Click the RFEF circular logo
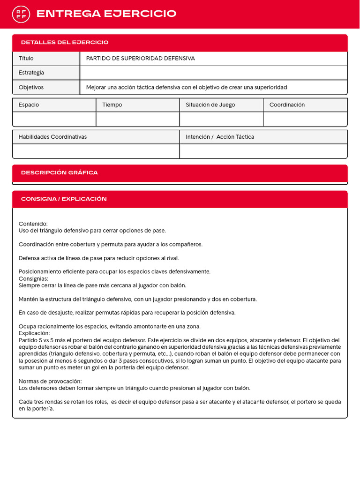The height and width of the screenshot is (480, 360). [21, 14]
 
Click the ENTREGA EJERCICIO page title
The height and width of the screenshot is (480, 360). [106, 14]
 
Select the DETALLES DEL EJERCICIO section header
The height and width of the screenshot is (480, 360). [65, 43]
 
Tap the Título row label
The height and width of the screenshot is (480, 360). [26, 59]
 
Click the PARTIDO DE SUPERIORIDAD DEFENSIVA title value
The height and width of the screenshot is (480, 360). [141, 59]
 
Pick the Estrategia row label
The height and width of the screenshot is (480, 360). [31, 73]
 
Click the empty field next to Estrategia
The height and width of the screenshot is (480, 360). [213, 73]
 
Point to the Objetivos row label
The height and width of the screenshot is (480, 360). [31, 87]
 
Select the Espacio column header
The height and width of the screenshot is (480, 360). [29, 105]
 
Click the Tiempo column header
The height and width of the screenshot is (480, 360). [112, 105]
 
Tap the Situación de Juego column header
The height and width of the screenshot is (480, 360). [210, 105]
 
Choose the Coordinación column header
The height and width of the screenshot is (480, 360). [287, 105]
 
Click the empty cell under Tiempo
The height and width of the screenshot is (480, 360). [137, 119]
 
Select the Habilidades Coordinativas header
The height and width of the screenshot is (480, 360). [52, 137]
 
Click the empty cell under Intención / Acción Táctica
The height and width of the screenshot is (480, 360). [263, 151]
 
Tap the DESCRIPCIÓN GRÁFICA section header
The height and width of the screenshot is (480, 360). [60, 173]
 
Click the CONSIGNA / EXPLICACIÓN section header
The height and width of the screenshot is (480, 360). [64, 199]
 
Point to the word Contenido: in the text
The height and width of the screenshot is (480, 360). [33, 224]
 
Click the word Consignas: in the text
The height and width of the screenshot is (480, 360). [34, 278]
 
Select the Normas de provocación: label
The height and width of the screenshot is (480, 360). [50, 381]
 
